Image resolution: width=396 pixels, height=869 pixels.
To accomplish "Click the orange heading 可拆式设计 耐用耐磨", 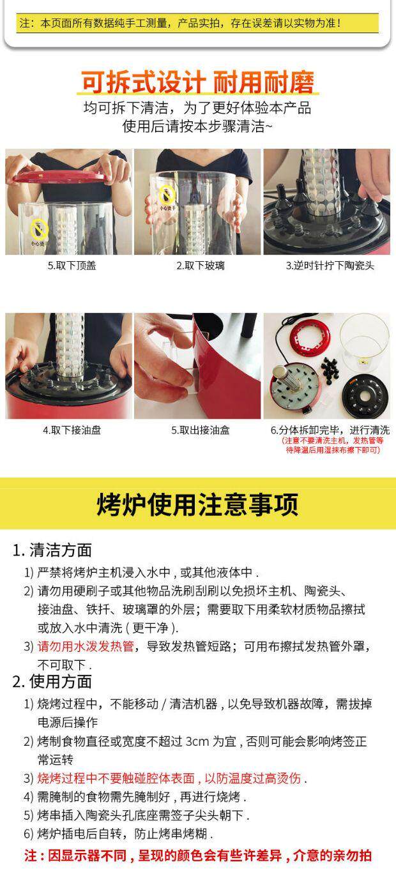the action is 197,82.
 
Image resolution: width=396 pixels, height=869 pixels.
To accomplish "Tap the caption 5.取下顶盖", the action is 72,266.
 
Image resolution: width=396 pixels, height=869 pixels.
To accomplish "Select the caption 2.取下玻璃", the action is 201,266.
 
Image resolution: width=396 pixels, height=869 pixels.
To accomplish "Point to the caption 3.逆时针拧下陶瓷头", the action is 330,266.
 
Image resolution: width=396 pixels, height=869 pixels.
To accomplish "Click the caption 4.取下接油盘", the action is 72,430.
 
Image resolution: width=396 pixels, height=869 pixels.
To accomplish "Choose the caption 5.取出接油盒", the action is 201,430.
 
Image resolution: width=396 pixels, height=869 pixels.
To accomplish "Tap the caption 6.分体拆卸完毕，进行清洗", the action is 330,430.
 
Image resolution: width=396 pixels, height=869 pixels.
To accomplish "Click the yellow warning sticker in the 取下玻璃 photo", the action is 168,193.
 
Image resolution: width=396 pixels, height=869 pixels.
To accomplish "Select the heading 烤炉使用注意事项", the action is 197,504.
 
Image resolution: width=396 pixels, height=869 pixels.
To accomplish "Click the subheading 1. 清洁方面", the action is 52,550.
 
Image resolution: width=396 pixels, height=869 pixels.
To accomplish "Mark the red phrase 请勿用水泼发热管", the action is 86,646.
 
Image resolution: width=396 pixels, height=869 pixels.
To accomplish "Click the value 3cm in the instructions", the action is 197,741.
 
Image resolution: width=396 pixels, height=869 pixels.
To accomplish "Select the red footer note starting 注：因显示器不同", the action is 197,855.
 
